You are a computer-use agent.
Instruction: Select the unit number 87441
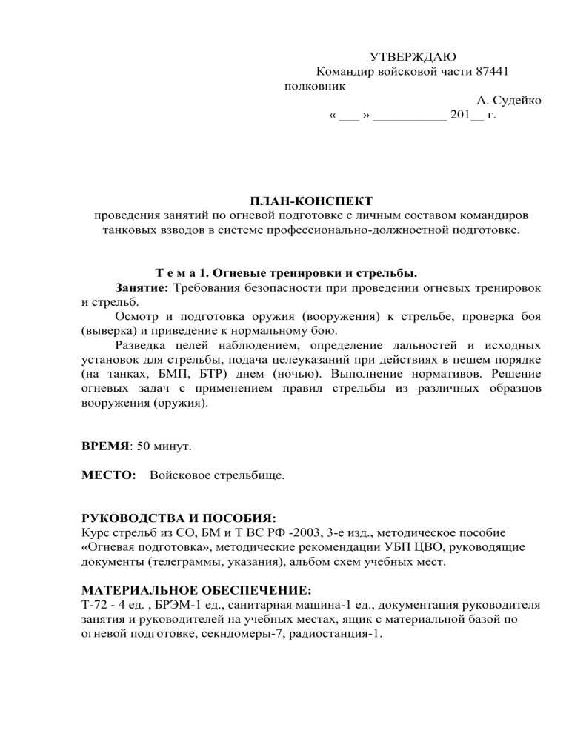coord(490,72)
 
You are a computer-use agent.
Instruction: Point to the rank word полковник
coord(315,87)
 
